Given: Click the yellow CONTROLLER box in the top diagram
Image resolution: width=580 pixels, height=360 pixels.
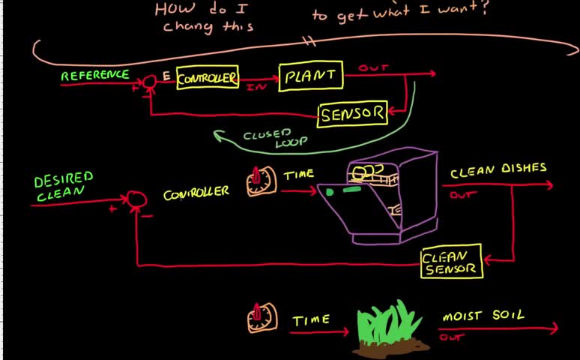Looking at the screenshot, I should coord(208,78).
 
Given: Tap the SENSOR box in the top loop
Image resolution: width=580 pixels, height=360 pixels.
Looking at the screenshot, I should coord(352,115).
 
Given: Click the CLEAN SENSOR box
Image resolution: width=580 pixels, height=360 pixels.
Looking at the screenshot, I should coord(451,262).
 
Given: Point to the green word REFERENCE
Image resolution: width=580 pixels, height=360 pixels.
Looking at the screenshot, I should coord(94,76).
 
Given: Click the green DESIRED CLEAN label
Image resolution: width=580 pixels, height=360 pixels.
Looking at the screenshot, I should coord(64,187).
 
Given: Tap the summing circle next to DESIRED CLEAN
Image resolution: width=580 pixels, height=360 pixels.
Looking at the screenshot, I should coord(136,199).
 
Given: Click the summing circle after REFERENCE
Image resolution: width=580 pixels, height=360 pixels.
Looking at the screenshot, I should coord(149,88).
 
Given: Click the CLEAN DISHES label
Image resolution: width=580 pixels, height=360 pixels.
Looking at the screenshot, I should coord(498,170).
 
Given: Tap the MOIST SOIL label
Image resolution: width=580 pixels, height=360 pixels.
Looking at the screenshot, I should coord(483,316).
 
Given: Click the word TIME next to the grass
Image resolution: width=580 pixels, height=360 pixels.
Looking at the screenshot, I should coord(311,320).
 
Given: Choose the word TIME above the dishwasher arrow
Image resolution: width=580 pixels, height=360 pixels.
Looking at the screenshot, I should coord(298,175).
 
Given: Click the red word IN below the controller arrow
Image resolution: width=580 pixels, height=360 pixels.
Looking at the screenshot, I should coord(253,87).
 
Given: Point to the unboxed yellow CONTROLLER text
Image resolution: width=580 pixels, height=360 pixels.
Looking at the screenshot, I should coord(196,193).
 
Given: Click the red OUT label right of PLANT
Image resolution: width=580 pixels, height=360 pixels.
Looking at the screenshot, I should coord(373,68).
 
